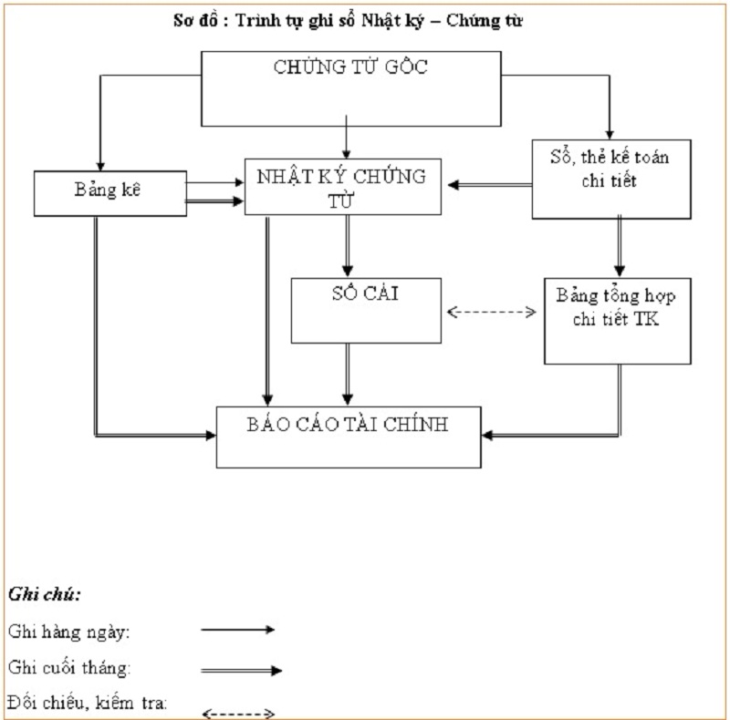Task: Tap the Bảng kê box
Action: click(109, 191)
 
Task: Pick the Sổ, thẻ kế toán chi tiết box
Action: click(611, 179)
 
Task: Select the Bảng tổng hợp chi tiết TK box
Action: click(617, 320)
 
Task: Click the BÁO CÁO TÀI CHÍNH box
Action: click(348, 436)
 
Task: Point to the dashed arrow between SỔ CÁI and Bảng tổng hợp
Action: click(492, 312)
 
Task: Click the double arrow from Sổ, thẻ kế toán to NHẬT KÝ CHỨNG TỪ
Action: click(489, 185)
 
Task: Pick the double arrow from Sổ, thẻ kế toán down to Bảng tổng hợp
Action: click(620, 247)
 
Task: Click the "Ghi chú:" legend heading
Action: click(44, 595)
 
